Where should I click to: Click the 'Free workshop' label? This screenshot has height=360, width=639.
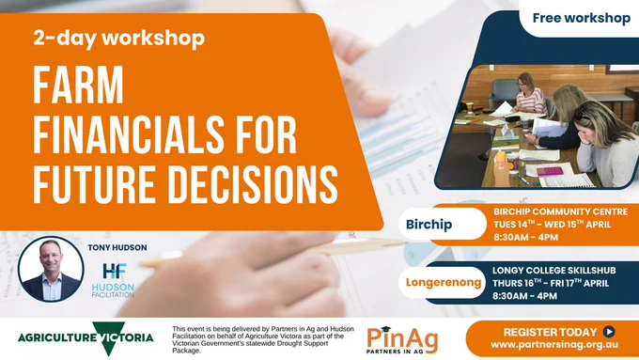tap(581, 18)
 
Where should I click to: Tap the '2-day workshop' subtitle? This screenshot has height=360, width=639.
tap(119, 39)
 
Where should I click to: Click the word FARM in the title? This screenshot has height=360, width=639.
tap(78, 86)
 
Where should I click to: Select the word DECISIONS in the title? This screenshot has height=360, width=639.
tap(253, 184)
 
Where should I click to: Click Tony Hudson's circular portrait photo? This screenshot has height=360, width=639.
tap(51, 269)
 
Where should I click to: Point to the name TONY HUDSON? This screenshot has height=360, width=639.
tap(117, 247)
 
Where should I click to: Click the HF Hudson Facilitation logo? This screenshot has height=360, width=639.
tap(114, 280)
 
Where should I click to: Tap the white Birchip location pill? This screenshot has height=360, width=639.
tap(443, 224)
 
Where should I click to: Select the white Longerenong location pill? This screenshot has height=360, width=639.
tap(443, 282)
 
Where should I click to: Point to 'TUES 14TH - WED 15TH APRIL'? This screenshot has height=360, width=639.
tap(553, 225)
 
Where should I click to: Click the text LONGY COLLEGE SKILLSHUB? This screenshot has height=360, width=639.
tap(553, 271)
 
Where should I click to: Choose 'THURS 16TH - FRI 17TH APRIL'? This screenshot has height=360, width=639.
tap(551, 283)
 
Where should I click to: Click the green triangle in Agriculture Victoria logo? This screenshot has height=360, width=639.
tap(108, 337)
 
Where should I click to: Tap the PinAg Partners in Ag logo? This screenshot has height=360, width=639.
tap(402, 340)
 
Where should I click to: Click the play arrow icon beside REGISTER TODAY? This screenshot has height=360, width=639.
tap(609, 332)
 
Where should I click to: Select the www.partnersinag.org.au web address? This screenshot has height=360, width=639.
tap(554, 345)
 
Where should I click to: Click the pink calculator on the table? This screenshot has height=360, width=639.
tap(550, 171)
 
